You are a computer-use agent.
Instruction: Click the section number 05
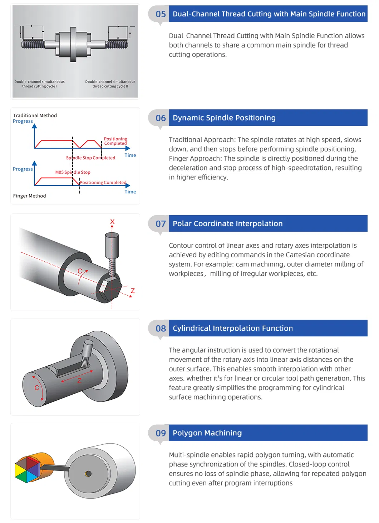pyautogui.click(x=161, y=14)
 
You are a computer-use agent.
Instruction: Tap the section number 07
pyautogui.click(x=161, y=224)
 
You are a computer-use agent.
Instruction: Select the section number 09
pyautogui.click(x=161, y=433)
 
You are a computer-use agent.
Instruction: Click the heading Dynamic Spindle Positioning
pyautogui.click(x=224, y=118)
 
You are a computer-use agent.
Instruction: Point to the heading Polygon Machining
pyautogui.click(x=207, y=433)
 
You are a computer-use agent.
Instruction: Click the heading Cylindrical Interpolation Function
pyautogui.click(x=233, y=328)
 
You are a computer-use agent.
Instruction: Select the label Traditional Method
pyautogui.click(x=35, y=115)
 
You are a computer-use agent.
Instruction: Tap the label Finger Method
pyautogui.click(x=29, y=196)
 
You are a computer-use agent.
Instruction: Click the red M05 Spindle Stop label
pyautogui.click(x=73, y=172)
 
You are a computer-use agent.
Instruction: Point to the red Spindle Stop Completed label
pyautogui.click(x=90, y=158)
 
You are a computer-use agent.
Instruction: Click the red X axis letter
pyautogui.click(x=112, y=222)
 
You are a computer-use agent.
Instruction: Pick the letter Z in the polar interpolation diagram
pyautogui.click(x=133, y=291)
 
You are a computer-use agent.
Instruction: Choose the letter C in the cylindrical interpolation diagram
pyautogui.click(x=36, y=388)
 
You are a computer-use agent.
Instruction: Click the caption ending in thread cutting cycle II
pyautogui.click(x=110, y=84)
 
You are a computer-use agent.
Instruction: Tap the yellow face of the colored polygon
pyautogui.click(x=20, y=470)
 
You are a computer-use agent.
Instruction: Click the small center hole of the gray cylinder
pyautogui.click(x=88, y=474)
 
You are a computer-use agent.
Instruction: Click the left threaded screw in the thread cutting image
pyautogui.click(x=33, y=44)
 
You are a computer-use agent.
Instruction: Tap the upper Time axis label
pyautogui.click(x=130, y=155)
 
